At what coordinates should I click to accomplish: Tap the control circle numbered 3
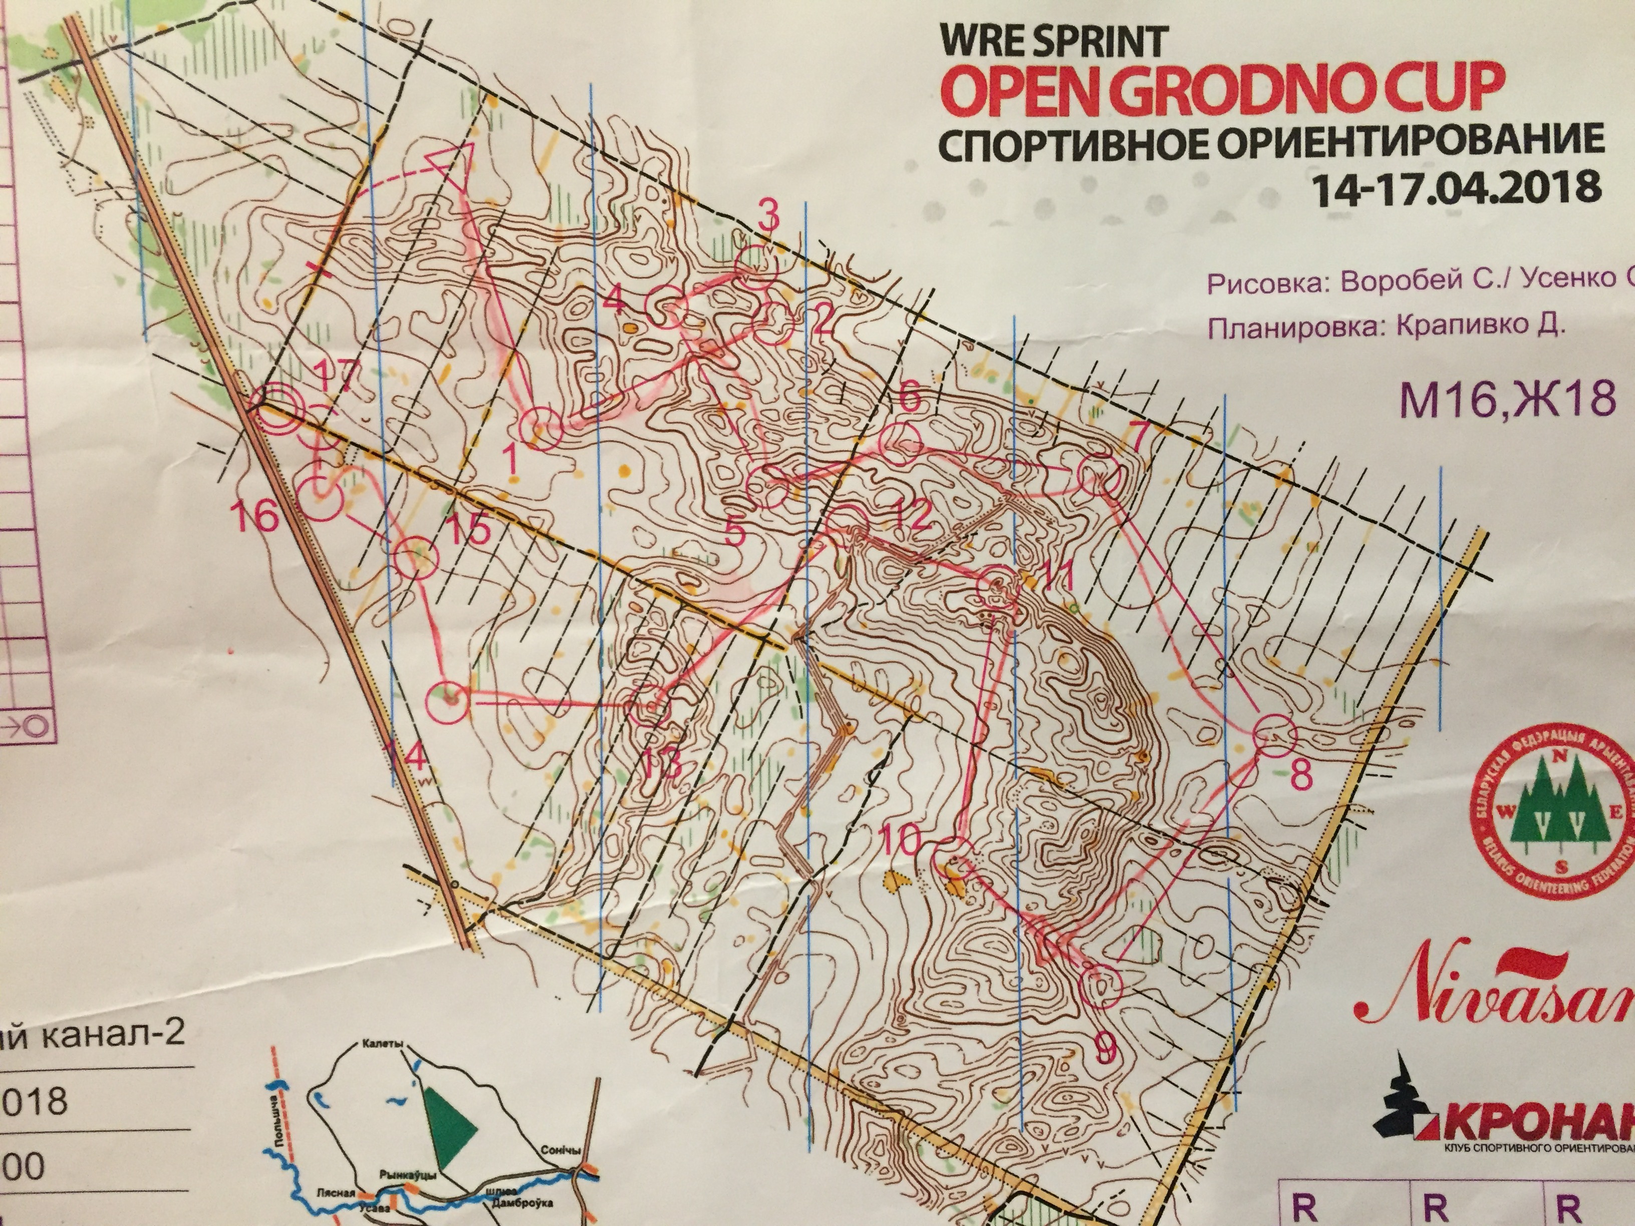757,268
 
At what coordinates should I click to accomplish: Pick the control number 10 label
900,839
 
